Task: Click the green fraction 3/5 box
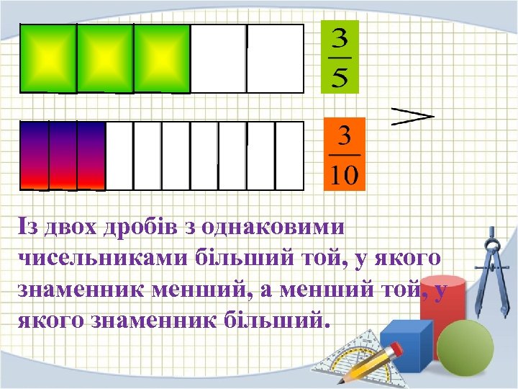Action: (x=339, y=57)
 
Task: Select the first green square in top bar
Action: (x=47, y=58)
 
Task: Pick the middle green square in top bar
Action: (x=104, y=58)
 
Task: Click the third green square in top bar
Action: (x=161, y=58)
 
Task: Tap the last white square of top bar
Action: (x=275, y=58)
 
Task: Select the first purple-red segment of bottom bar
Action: (x=34, y=154)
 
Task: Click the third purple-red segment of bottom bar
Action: (x=91, y=154)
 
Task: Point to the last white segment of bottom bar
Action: (x=290, y=154)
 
